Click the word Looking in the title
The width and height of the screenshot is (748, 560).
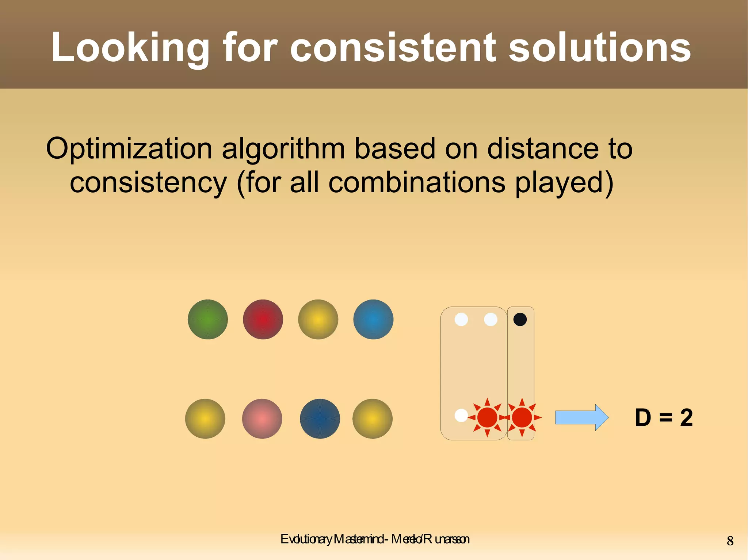[130, 47]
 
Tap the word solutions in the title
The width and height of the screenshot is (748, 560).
[599, 47]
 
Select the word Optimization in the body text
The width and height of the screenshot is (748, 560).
[129, 149]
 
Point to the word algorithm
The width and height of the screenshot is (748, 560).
[283, 149]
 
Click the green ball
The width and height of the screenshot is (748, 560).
[208, 320]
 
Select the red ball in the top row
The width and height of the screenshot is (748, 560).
[263, 320]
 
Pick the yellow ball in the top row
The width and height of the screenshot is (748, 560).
[318, 320]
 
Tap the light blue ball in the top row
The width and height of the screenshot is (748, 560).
[373, 320]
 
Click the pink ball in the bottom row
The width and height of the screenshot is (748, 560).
[262, 418]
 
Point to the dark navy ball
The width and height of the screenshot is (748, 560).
[320, 418]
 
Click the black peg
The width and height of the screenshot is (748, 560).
[520, 320]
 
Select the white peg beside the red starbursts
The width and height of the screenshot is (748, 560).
[461, 416]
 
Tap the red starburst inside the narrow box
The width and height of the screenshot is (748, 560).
[522, 417]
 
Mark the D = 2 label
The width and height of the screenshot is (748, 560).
[664, 417]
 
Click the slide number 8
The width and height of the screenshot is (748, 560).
[730, 541]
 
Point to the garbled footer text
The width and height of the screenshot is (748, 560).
[375, 539]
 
